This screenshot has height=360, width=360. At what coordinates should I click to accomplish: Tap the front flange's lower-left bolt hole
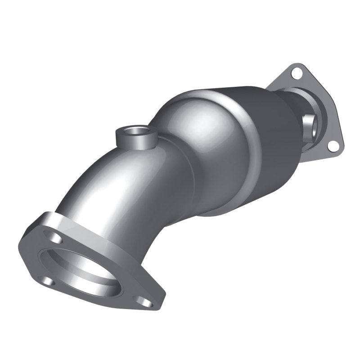pyautogui.click(x=46, y=281)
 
